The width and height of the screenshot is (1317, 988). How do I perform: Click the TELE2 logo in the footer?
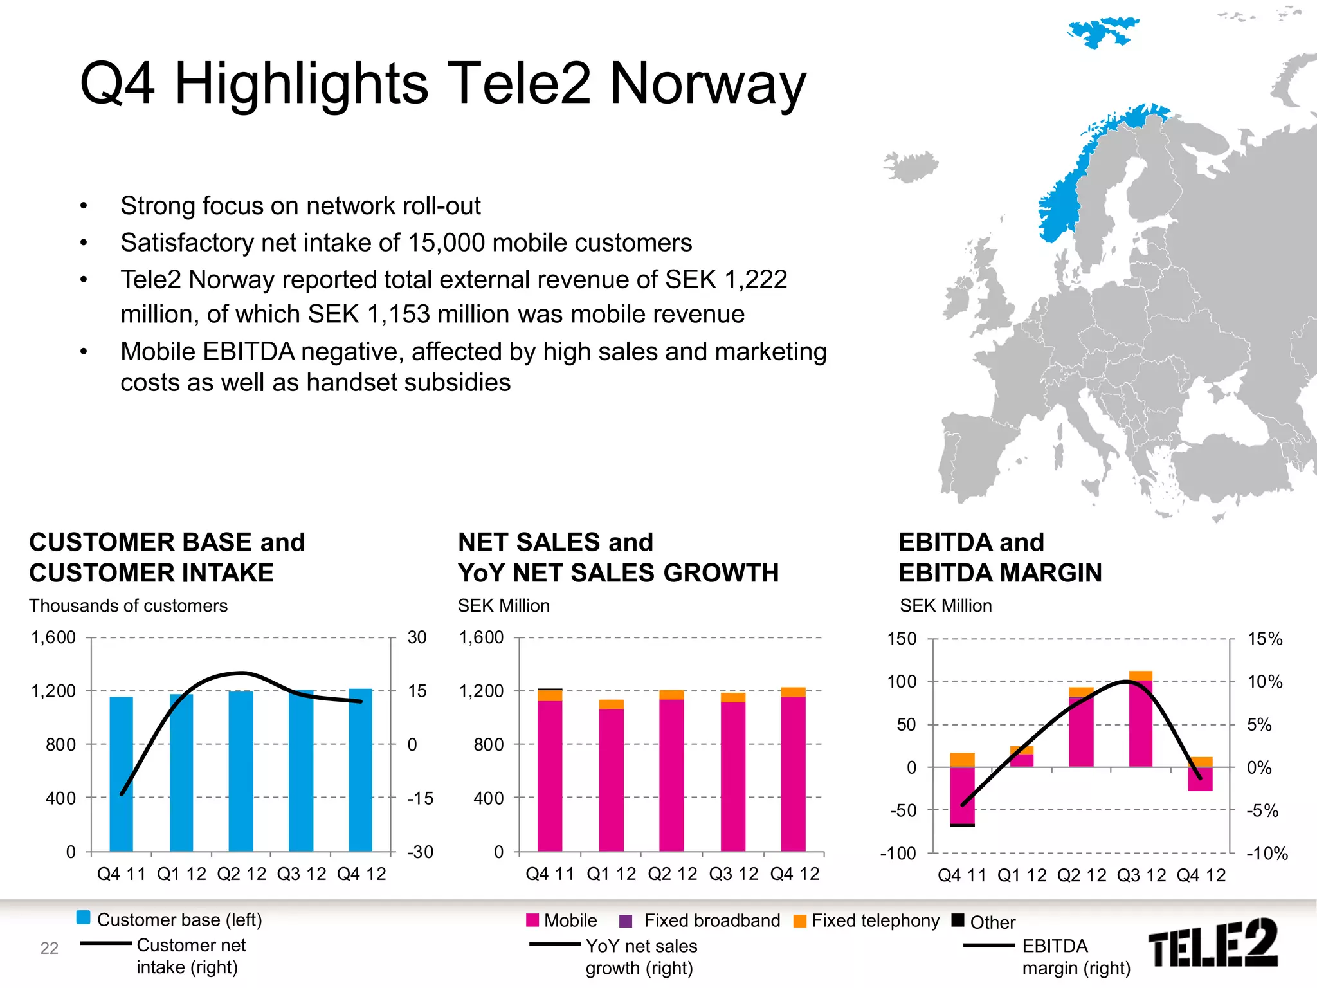tap(1213, 943)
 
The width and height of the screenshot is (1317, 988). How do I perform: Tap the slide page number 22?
tap(50, 948)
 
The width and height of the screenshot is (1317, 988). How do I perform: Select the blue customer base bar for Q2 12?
tap(241, 772)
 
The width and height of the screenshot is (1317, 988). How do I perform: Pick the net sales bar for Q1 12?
tap(611, 778)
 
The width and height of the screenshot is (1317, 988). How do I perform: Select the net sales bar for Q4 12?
tap(793, 772)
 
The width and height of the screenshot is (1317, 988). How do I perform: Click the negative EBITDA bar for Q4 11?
tap(962, 795)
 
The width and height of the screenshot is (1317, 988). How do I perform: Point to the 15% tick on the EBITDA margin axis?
tap(1264, 639)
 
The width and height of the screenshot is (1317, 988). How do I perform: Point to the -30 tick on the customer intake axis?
tap(421, 852)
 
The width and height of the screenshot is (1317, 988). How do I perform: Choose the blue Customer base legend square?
tap(84, 918)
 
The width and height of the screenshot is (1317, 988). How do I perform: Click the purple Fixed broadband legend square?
tap(625, 921)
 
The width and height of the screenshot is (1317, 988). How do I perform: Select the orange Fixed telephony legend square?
tap(800, 921)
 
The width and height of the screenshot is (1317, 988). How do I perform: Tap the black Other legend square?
tap(958, 920)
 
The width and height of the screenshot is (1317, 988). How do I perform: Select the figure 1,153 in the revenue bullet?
tap(398, 315)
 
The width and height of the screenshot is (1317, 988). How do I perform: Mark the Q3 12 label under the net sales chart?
tap(734, 874)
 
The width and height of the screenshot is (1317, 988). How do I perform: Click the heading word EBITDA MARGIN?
tap(1000, 573)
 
